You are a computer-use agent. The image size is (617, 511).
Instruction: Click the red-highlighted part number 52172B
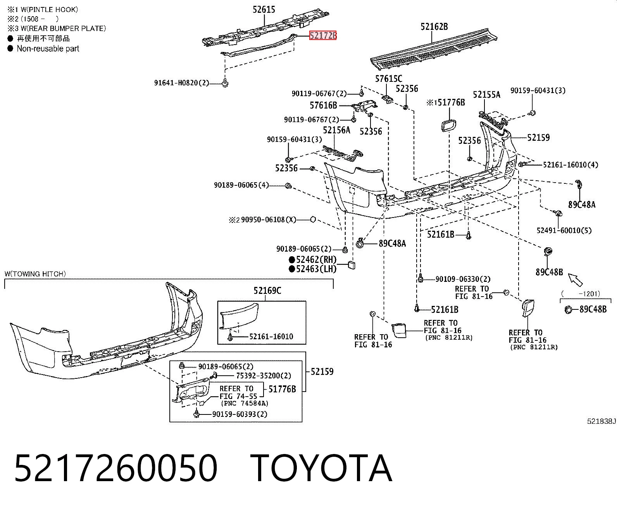coord(323,36)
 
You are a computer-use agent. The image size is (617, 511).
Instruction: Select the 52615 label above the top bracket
coord(264,9)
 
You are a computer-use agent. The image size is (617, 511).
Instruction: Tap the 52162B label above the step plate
coord(434,27)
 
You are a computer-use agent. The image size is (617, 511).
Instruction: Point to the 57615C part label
coord(389,79)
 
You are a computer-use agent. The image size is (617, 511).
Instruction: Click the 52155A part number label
coord(486,95)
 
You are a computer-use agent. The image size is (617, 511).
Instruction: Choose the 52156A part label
coord(336,130)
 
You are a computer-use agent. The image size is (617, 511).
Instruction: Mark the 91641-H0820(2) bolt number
coord(181,83)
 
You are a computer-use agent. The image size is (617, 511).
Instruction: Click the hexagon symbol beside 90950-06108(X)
coord(313,219)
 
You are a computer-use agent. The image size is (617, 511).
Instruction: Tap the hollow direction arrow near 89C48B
coord(575,280)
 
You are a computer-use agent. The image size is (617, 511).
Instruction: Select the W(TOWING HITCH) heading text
coord(35,274)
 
